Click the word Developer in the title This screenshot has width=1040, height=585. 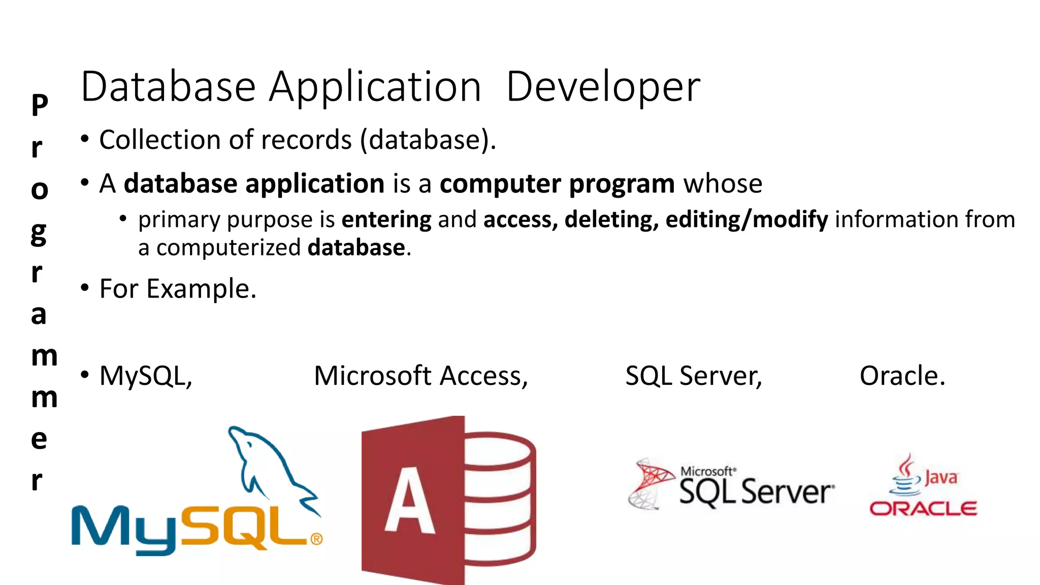tap(603, 87)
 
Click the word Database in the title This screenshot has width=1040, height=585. tap(168, 87)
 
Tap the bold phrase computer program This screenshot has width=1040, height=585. tap(557, 184)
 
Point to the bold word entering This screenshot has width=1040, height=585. tap(386, 219)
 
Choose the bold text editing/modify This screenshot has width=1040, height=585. tap(746, 219)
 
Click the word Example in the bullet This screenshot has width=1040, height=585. tap(201, 289)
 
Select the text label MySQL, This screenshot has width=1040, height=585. tap(146, 376)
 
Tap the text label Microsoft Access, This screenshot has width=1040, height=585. tap(421, 376)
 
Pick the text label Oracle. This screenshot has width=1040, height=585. tap(902, 376)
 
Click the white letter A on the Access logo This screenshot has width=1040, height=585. tap(409, 501)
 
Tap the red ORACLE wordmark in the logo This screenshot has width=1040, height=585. tap(923, 508)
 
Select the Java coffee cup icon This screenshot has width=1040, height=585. tap(905, 476)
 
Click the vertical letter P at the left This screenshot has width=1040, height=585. tap(40, 105)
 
